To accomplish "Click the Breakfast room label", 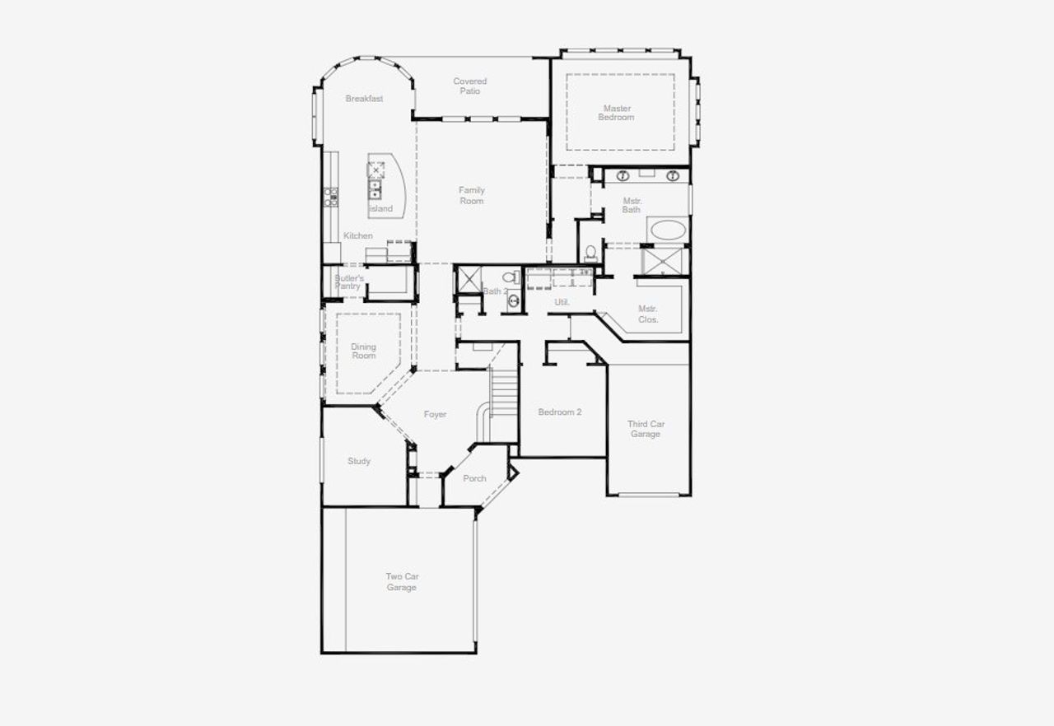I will tap(364, 99).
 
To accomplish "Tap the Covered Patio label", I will tap(469, 86).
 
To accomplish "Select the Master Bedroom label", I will tap(617, 113).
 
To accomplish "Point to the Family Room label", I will tap(472, 195).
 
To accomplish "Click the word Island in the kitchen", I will tap(380, 209).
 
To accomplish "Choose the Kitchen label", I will tap(358, 236).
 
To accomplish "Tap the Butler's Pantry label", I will tap(348, 282).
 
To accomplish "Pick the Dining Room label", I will tap(363, 351).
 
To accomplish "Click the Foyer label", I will tap(435, 414).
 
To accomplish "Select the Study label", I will tap(359, 461).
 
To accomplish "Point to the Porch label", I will tap(474, 478).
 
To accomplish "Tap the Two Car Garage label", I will tap(402, 582).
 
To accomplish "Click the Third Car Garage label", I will tap(646, 429).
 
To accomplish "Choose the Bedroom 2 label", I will tap(560, 412).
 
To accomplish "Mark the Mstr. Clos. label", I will tap(648, 314).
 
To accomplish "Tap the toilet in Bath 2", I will tap(516, 277).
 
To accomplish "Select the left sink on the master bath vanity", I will tap(623, 175).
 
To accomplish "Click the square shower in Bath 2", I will tap(469, 280).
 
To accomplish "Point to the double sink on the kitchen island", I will tap(375, 190).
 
